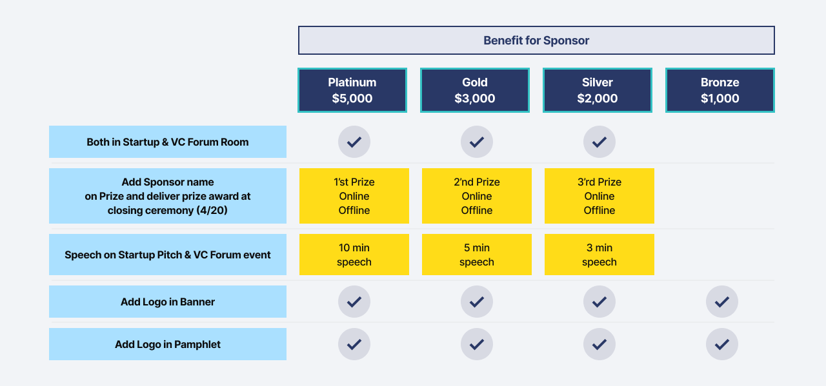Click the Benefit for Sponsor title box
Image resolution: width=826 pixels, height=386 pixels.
536,40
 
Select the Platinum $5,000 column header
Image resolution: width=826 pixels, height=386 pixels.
352,90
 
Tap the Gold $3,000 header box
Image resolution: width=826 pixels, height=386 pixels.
475,90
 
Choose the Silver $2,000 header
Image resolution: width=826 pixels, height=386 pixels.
598,90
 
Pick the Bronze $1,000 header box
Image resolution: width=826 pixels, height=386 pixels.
720,90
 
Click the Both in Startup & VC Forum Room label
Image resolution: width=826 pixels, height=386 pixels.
168,142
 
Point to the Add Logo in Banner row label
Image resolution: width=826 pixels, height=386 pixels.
168,302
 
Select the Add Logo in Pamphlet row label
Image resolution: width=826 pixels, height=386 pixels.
168,344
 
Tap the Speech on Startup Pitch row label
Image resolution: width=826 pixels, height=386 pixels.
168,255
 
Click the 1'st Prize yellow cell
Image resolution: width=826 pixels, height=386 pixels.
354,196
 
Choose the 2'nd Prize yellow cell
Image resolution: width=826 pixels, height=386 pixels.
477,196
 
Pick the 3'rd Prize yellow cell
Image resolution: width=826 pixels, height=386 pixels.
599,196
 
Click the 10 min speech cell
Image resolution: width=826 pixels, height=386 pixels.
354,255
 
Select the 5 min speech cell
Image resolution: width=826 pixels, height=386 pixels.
477,255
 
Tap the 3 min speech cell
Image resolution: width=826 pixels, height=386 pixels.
599,255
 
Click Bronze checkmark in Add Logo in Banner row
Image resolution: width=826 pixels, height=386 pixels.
722,302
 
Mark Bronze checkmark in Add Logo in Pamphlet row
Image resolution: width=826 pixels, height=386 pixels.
722,344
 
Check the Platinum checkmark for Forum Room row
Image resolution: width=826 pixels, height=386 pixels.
354,142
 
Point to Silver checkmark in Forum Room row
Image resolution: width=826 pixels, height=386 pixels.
599,142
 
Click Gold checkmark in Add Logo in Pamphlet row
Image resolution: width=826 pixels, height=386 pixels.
477,344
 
